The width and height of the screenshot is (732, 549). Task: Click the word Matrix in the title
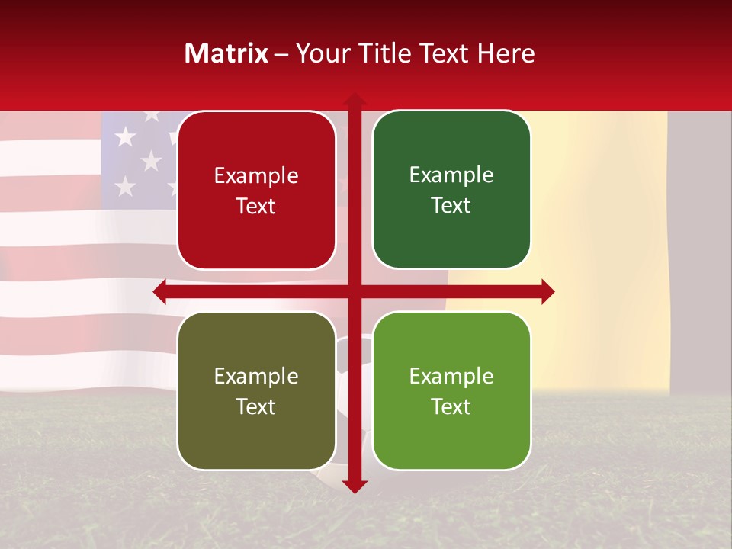[226, 53]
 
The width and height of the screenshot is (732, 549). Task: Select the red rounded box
[256, 191]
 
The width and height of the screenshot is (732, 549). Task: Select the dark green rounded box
[451, 191]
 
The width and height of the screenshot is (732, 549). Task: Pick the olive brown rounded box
[256, 391]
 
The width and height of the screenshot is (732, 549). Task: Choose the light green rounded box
[451, 391]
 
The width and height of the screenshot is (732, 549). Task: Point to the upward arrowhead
[355, 98]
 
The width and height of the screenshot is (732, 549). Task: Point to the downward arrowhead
[355, 486]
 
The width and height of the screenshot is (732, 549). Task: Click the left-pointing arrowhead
[159, 292]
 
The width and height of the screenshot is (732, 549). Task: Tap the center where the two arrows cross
[355, 292]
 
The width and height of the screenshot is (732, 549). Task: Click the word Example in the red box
[256, 176]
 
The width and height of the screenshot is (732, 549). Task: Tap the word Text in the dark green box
[451, 206]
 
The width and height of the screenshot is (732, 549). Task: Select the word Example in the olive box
[256, 377]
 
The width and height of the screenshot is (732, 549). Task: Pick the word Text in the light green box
[451, 406]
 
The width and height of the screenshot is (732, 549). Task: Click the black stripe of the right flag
[698, 252]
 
